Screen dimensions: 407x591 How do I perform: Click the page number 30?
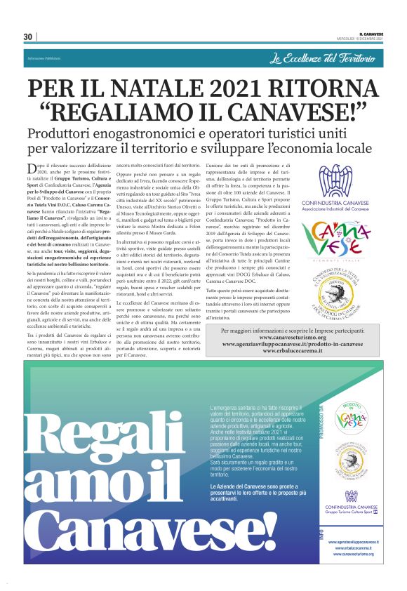28,36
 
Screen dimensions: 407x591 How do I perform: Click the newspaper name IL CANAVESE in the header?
371,34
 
